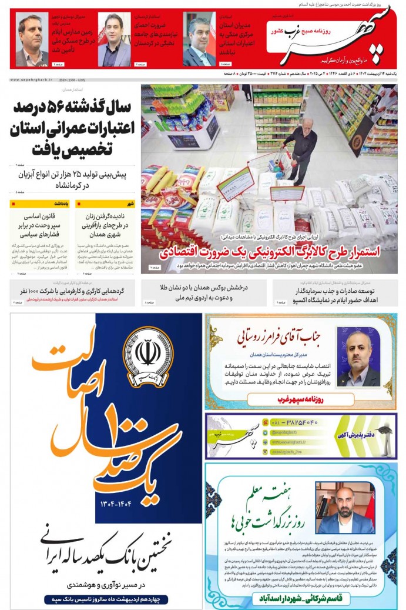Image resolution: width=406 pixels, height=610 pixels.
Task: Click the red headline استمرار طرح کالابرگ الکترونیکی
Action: [269, 252]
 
